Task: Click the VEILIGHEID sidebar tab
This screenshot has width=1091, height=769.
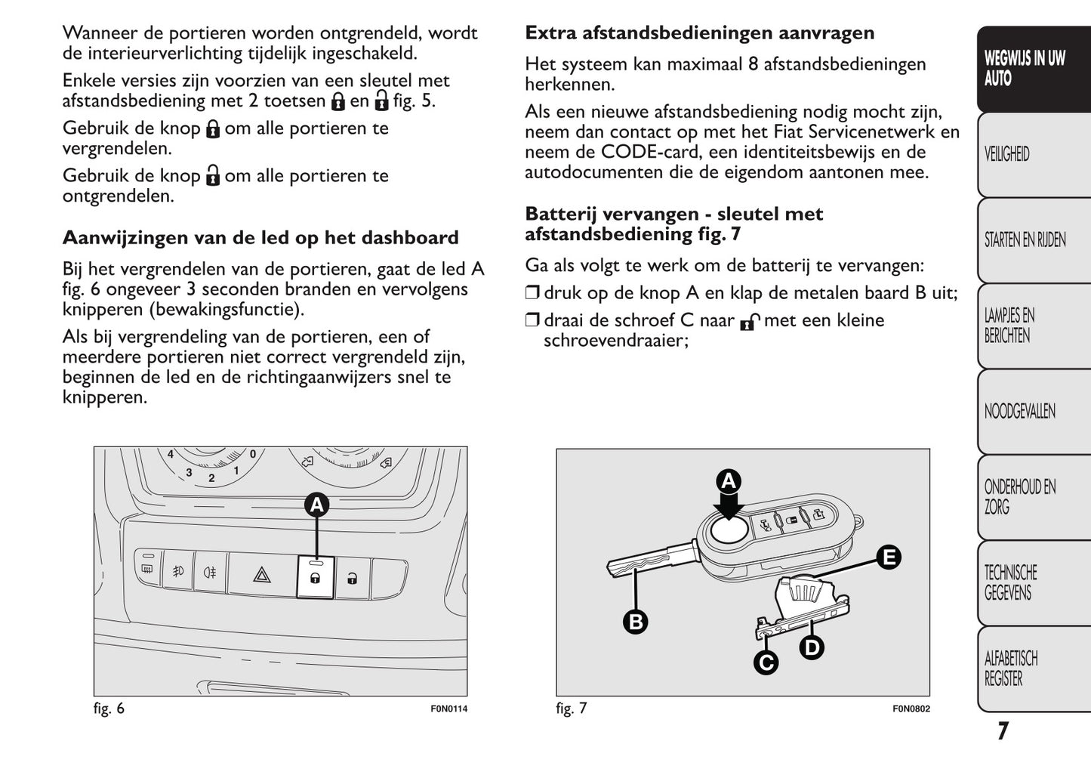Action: (x=1007, y=155)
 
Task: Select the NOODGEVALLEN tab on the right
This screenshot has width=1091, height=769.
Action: (x=1020, y=412)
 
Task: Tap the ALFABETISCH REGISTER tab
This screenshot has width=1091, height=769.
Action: (x=1011, y=669)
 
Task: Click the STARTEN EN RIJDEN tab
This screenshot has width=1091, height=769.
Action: (x=1025, y=240)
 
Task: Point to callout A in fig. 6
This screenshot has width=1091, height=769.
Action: (x=317, y=505)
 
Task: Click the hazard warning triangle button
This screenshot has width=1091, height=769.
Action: (x=262, y=576)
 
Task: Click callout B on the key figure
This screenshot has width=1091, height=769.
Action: (x=636, y=622)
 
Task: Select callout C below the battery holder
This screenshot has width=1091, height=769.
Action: (x=766, y=662)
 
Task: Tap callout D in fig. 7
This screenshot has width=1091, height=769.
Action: (x=812, y=647)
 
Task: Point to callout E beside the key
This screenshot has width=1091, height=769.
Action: (x=889, y=557)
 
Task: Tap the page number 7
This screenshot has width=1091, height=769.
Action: (x=1002, y=731)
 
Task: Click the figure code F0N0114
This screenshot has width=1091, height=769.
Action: (x=448, y=709)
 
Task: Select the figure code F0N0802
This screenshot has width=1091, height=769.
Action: (x=911, y=709)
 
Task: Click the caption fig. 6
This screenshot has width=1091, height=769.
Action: (x=109, y=709)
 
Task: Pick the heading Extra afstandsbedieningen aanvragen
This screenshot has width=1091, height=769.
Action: (x=699, y=33)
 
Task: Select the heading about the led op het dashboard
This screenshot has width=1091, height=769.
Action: (x=260, y=238)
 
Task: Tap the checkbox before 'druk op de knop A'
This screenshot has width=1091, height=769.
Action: (x=532, y=293)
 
